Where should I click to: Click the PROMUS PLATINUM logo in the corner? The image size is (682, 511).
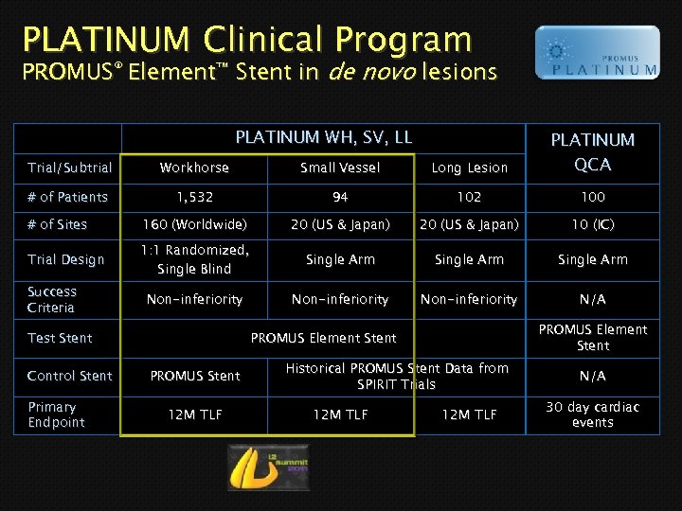(597, 52)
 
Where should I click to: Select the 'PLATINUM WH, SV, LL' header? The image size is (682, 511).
(324, 138)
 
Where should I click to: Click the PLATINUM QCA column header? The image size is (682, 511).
(592, 151)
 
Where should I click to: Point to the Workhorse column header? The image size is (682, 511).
(194, 167)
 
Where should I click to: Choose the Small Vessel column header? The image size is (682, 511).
(340, 167)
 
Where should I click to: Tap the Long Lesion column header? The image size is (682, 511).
(469, 167)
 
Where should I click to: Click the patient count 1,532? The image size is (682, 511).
(194, 197)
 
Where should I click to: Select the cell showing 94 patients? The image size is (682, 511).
(340, 197)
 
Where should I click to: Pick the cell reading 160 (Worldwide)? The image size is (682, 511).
(194, 224)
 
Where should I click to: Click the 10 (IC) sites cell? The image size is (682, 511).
(592, 224)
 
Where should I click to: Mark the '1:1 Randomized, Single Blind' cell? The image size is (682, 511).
(194, 259)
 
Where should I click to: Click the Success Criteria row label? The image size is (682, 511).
(52, 299)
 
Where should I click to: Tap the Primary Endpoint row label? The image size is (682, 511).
(56, 414)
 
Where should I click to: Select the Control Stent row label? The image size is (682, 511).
(69, 376)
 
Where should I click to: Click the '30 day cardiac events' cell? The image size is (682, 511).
(592, 414)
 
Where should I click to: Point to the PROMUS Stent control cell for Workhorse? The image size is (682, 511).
(194, 376)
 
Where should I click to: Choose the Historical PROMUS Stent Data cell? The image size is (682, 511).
(397, 376)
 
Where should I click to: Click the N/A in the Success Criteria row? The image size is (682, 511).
(592, 299)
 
